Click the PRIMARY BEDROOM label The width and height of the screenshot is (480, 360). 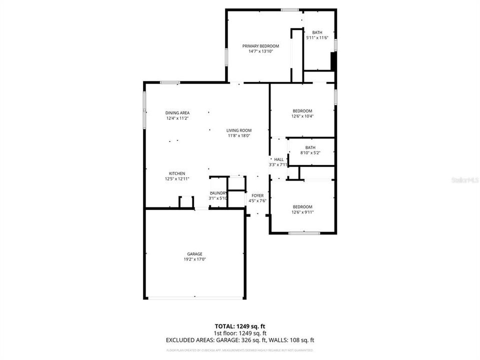[260, 45]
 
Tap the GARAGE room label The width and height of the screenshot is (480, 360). [195, 254]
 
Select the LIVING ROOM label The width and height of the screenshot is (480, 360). [239, 130]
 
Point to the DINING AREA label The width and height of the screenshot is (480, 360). [177, 113]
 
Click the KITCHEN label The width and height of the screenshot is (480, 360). [177, 173]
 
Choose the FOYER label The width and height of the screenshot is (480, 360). [257, 195]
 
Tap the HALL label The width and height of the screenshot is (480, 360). [278, 159]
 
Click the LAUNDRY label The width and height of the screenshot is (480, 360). [218, 193]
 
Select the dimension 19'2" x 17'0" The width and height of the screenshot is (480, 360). [195, 259]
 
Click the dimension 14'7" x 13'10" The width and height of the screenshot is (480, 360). [260, 51]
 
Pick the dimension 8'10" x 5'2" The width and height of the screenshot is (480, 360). [310, 153]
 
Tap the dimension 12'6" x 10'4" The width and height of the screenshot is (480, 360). [302, 116]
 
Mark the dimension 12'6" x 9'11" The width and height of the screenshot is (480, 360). [302, 212]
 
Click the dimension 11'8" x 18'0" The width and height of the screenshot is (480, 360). [239, 135]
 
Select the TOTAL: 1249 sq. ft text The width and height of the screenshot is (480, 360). [240, 326]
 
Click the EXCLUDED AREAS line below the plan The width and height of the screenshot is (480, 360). [240, 340]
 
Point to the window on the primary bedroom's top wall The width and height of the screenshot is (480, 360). [289, 9]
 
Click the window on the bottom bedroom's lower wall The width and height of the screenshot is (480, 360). [303, 233]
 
